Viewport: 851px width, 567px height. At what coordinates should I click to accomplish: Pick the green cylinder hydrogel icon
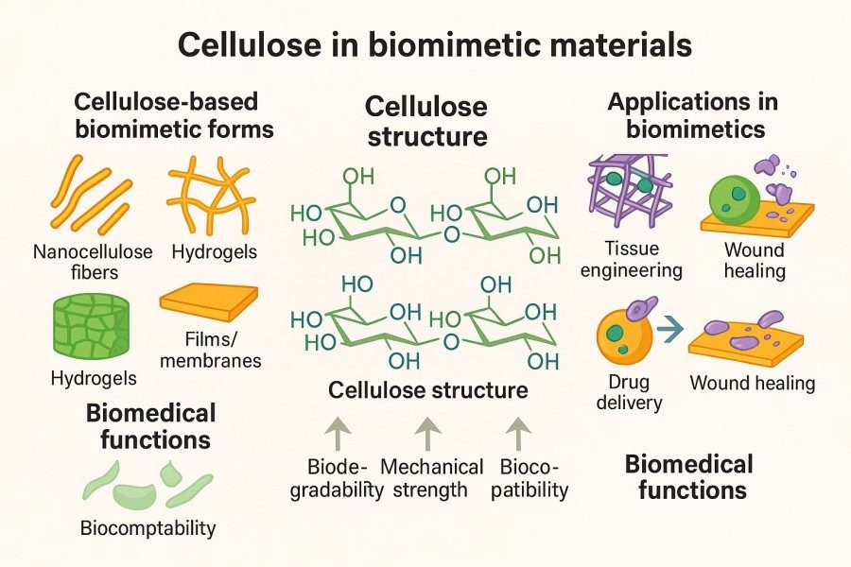(91, 330)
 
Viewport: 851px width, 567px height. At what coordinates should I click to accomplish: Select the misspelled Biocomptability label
(148, 527)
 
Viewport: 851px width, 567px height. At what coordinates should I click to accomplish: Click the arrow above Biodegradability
(337, 434)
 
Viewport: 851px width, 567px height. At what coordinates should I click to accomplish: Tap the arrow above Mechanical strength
(428, 434)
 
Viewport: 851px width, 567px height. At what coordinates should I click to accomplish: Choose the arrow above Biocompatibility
(517, 434)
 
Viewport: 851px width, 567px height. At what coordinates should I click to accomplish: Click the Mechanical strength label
(431, 478)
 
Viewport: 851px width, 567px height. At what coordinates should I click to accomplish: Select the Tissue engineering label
(631, 261)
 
